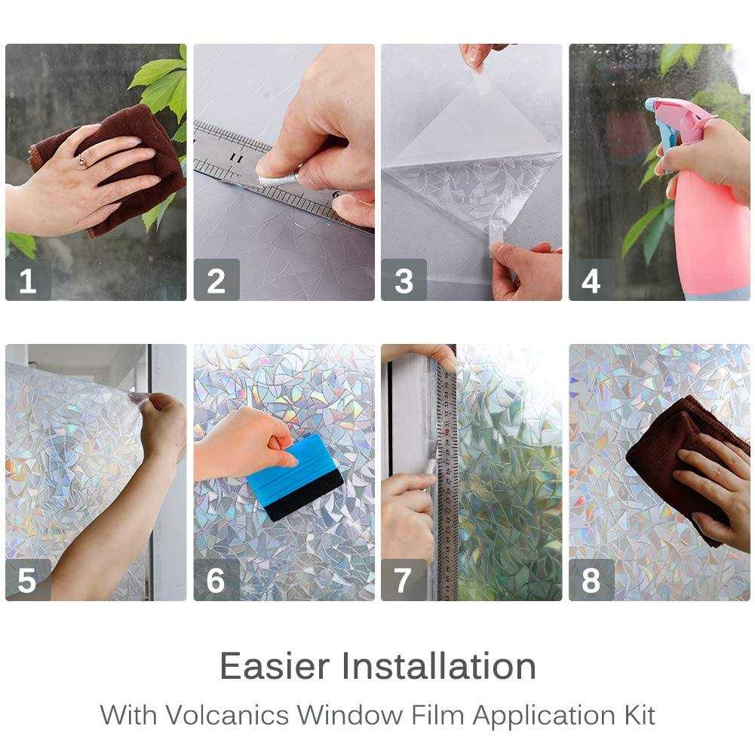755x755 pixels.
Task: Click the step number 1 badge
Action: (x=28, y=281)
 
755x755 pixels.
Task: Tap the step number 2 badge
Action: (x=216, y=281)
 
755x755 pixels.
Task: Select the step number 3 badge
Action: (x=404, y=281)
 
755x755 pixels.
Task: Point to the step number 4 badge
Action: (x=591, y=281)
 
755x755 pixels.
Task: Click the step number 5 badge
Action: (x=28, y=580)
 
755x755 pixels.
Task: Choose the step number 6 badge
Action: (x=216, y=580)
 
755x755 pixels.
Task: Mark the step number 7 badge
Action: (x=404, y=580)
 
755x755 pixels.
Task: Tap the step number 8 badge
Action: (x=591, y=580)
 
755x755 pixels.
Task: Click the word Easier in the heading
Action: (x=275, y=666)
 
